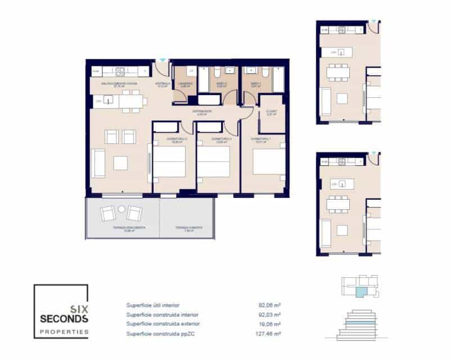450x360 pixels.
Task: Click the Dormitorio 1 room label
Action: click(261, 138)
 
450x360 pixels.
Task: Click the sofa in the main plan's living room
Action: click(98, 163)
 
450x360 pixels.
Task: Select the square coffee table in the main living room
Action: click(121, 163)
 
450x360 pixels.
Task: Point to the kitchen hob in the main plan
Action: click(122, 71)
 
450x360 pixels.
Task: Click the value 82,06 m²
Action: click(269, 305)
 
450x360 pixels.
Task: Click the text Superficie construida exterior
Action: click(163, 324)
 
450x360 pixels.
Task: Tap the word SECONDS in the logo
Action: click(64, 319)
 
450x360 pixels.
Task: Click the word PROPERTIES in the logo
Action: click(64, 332)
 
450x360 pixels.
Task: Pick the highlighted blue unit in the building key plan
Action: click(360, 291)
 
